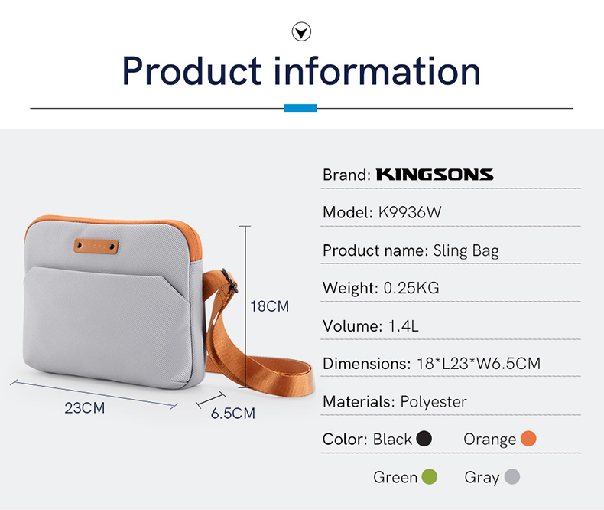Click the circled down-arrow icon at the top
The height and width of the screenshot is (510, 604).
301,31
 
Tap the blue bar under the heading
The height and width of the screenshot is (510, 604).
300,108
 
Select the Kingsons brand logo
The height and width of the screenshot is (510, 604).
434,175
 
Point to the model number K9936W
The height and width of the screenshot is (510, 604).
410,212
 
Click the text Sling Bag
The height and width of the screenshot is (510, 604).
466,251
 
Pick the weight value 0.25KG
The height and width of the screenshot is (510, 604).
411,288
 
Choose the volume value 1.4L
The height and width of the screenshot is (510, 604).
404,326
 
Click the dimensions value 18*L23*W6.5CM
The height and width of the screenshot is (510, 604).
479,364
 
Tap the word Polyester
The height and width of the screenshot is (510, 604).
434,402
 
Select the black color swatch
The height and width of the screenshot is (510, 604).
424,439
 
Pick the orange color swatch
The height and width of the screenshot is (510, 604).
528,438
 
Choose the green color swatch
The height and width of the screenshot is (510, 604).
430,476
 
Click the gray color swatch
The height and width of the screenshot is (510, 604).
512,476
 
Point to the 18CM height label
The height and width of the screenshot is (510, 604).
270,306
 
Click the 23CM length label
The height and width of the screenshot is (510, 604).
85,407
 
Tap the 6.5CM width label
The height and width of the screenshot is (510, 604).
233,414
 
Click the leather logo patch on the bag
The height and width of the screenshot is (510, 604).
96,246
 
